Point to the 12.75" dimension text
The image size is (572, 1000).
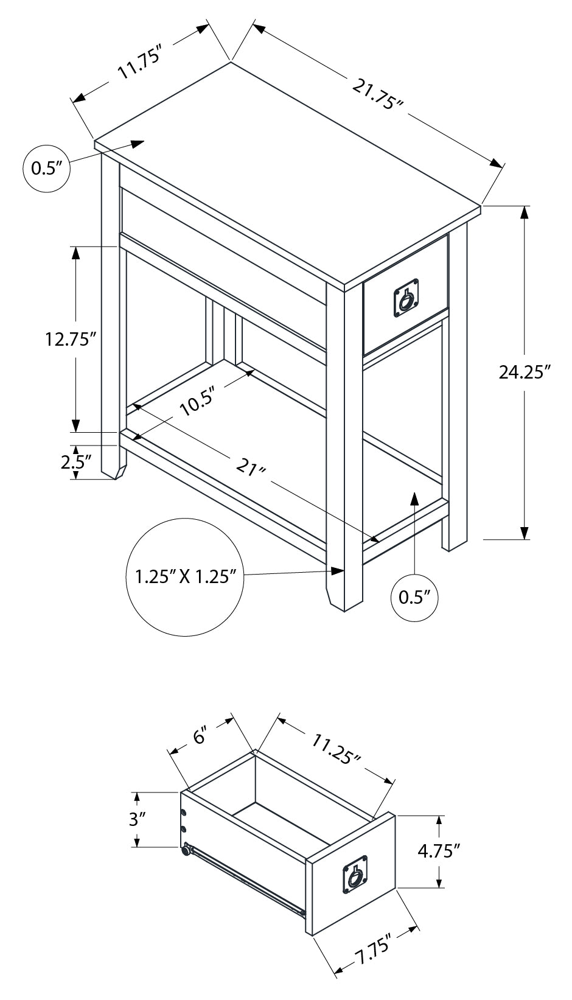pos(71,339)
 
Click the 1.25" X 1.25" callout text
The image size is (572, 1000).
pos(185,576)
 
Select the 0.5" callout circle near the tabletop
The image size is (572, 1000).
pos(46,168)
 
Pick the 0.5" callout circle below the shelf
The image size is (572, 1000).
pos(414,596)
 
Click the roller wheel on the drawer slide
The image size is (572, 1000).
pos(185,851)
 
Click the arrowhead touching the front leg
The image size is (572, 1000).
pos(338,570)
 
